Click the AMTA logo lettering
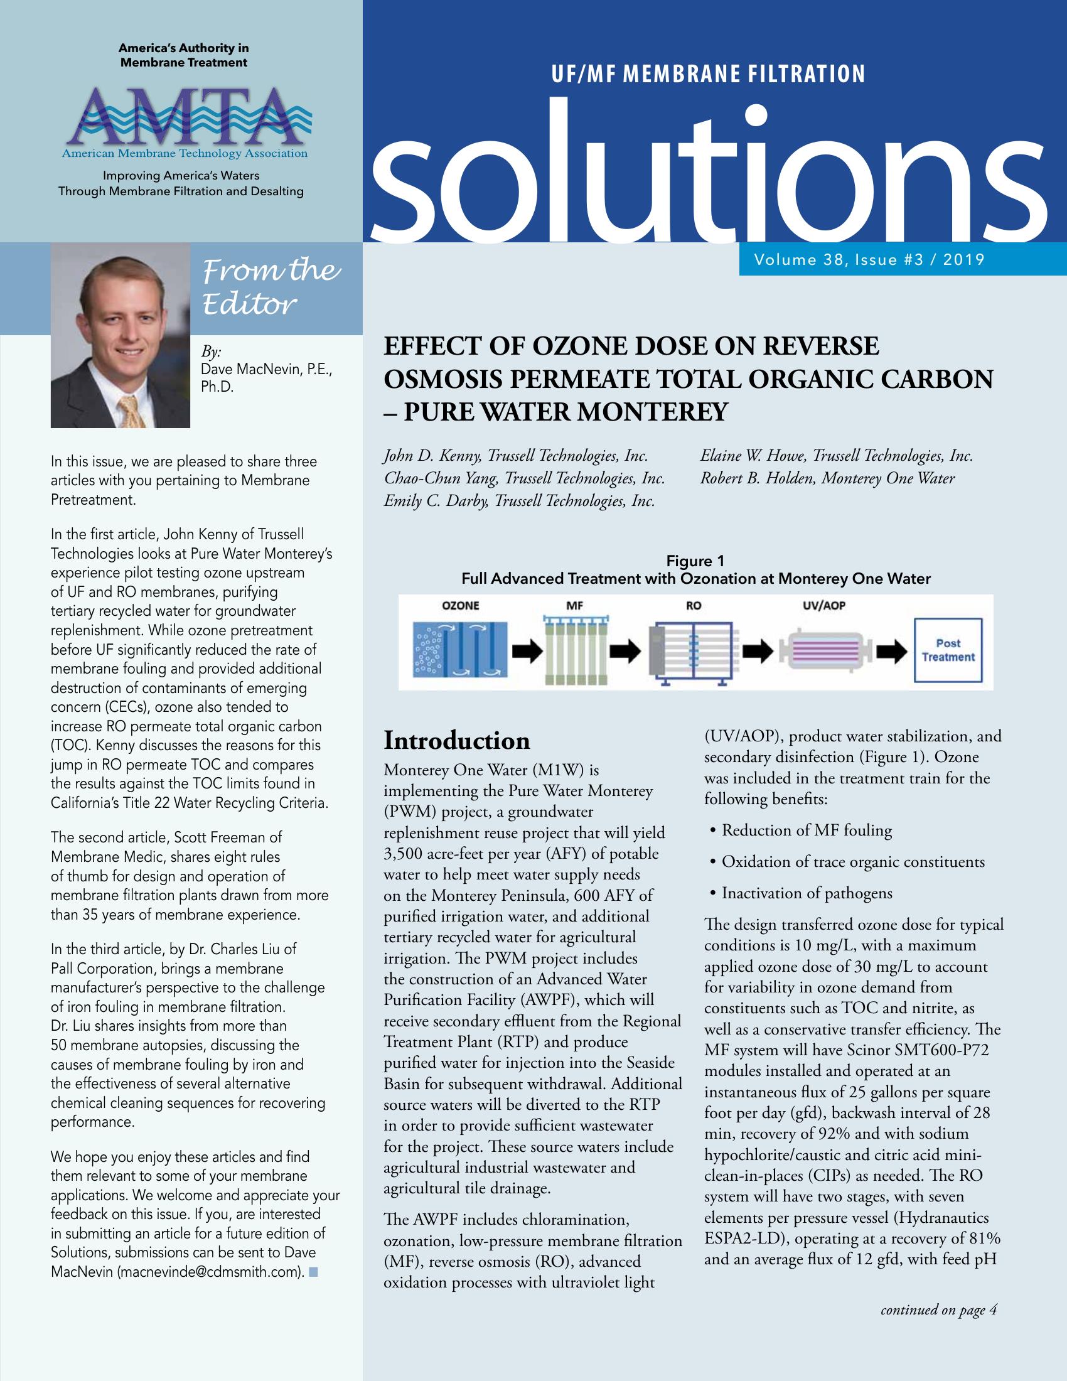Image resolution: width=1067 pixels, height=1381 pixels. pyautogui.click(x=184, y=117)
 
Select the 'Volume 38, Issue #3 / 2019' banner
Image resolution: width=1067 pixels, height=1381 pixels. pyautogui.click(x=869, y=259)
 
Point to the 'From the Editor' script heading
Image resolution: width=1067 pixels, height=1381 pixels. pyautogui.click(x=272, y=287)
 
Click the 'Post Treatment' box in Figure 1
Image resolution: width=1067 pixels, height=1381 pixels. pyautogui.click(x=948, y=650)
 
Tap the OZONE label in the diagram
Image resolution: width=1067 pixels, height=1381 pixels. pyautogui.click(x=460, y=606)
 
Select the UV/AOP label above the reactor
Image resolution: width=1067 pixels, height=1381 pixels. pyautogui.click(x=823, y=606)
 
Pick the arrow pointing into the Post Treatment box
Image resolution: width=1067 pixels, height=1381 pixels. pyautogui.click(x=891, y=650)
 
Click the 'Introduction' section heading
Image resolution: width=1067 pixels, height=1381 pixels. pyautogui.click(x=457, y=741)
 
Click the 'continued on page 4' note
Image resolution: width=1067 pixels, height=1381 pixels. pyautogui.click(x=939, y=1309)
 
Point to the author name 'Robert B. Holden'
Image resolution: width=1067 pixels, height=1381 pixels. pyautogui.click(x=758, y=479)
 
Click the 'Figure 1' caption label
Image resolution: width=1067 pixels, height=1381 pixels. pyautogui.click(x=695, y=561)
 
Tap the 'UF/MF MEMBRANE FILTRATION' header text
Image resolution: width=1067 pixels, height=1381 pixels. pyautogui.click(x=708, y=75)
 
